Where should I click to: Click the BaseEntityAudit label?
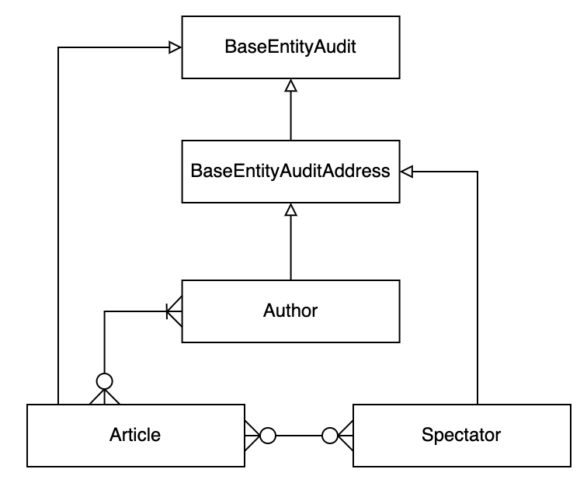click(290, 47)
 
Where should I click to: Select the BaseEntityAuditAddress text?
click(290, 171)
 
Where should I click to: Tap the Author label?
click(290, 311)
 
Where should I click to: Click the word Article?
click(135, 434)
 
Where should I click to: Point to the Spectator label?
click(461, 434)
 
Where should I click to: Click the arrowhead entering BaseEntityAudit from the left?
click(175, 47)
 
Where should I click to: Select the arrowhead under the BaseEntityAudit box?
click(290, 85)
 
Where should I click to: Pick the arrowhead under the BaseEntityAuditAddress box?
click(290, 209)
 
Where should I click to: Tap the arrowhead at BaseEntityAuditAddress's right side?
click(406, 172)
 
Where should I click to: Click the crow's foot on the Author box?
click(174, 311)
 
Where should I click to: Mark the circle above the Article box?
click(104, 380)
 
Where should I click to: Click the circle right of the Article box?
click(268, 436)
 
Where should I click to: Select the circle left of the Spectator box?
click(329, 436)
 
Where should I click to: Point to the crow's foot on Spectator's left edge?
click(346, 436)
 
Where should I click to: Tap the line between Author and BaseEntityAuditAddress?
click(290, 248)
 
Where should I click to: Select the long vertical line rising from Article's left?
click(58, 233)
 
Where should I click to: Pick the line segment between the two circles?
click(299, 436)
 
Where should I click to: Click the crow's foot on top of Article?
click(104, 397)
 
